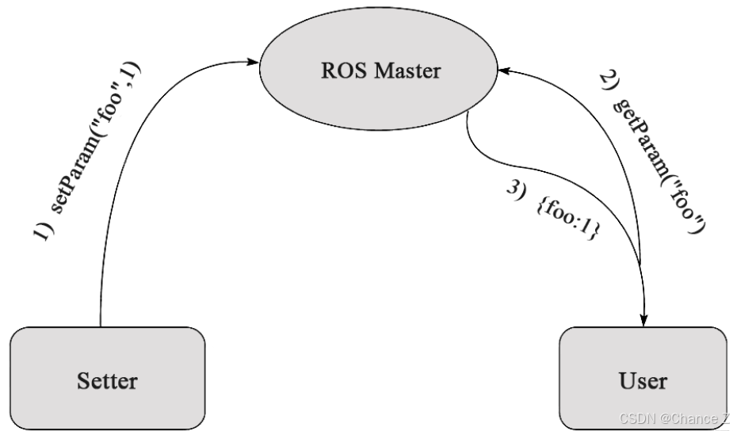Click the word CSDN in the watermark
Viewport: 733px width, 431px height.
point(634,418)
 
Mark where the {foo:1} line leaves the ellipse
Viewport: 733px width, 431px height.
point(468,113)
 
